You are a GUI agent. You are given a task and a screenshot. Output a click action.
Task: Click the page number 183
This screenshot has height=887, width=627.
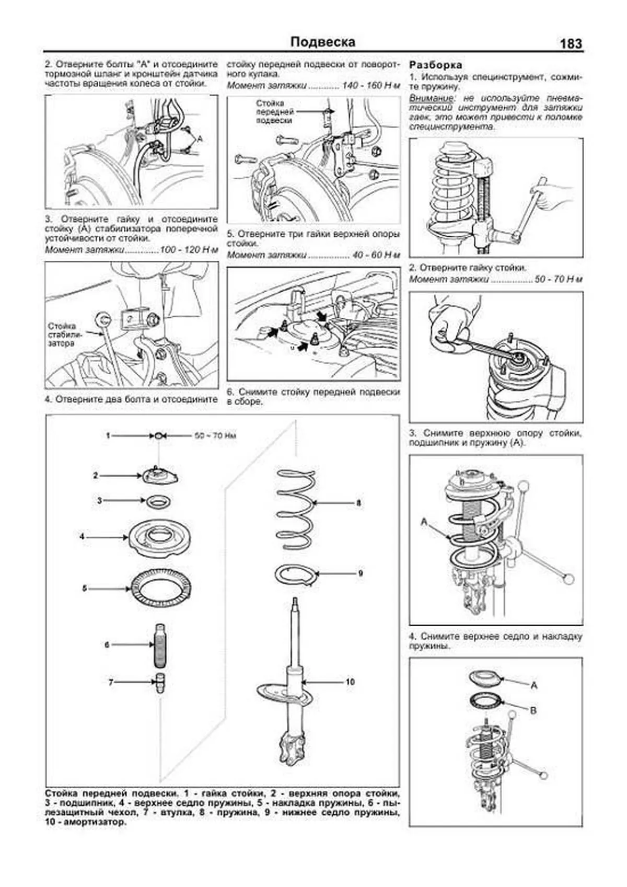(x=571, y=43)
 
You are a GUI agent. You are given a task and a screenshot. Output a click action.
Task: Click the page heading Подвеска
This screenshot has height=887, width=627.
(x=322, y=42)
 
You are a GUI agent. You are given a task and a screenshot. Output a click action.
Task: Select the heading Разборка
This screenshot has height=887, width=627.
(x=436, y=65)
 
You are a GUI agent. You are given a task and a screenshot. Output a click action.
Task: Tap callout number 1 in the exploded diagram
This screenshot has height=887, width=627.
(x=108, y=435)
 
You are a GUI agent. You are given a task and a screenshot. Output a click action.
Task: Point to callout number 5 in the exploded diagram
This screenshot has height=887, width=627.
(x=84, y=589)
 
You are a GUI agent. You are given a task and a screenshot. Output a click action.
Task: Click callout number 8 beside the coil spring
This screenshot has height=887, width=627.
(x=358, y=503)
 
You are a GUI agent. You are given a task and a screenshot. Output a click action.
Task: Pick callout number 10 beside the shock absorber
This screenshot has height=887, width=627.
(x=350, y=682)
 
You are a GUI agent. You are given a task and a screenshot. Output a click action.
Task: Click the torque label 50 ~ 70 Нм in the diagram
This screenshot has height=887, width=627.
(x=215, y=435)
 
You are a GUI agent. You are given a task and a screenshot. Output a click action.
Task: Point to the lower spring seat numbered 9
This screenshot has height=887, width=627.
(x=296, y=575)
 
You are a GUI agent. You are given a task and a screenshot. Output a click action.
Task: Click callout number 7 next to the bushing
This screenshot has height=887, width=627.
(x=111, y=682)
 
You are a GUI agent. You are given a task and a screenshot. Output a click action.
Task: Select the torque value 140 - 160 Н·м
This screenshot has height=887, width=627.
(x=369, y=85)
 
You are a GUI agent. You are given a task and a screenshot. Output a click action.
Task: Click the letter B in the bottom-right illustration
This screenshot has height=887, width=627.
(x=533, y=710)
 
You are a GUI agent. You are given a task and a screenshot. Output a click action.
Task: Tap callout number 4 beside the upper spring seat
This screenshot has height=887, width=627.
(x=82, y=536)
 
